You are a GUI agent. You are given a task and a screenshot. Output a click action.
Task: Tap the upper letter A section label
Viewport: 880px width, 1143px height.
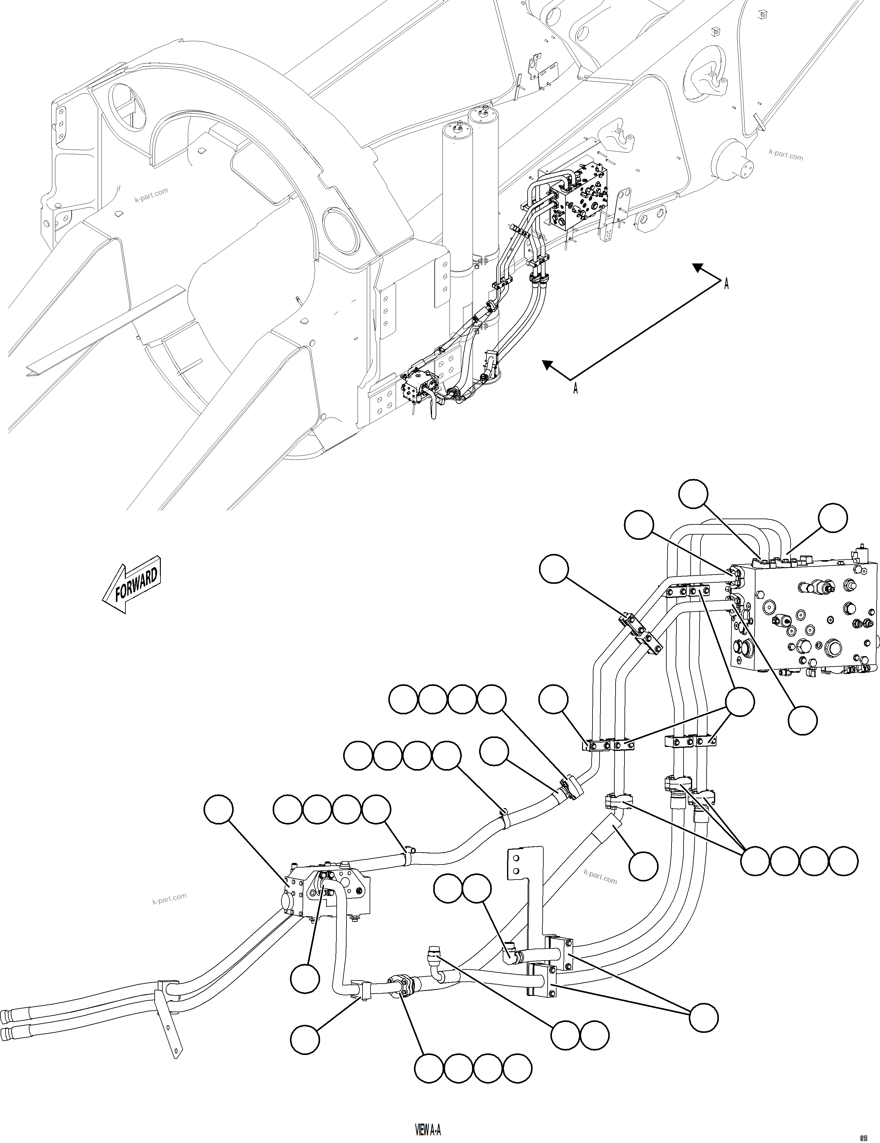[x=726, y=284]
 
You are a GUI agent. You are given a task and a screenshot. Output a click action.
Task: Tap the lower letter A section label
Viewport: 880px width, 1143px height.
[x=575, y=388]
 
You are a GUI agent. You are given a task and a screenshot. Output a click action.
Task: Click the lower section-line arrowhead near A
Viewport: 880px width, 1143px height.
[x=547, y=365]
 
